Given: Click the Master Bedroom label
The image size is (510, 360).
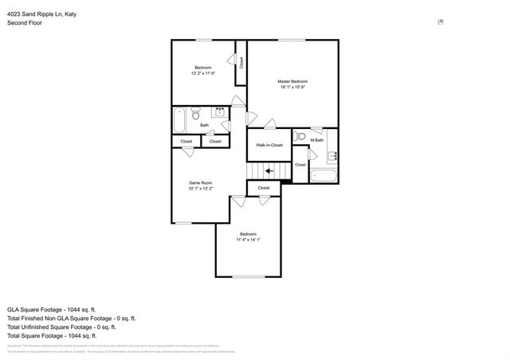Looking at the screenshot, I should [292, 81].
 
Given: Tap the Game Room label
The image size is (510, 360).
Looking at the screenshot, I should [199, 182].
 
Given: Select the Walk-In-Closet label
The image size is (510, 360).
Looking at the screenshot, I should [269, 145].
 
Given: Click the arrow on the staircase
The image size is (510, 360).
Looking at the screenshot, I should [269, 170].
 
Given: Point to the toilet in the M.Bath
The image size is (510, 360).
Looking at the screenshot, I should [300, 137].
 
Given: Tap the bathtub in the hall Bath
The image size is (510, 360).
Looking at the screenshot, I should [179, 119].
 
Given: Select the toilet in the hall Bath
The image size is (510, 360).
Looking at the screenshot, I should [197, 114].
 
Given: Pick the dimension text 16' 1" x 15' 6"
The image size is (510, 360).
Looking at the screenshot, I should [292, 87].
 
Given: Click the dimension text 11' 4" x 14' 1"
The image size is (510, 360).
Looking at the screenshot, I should [248, 239].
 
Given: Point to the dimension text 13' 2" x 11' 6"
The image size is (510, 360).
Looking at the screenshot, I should [203, 73].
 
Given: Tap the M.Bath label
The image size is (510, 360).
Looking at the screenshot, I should [317, 140].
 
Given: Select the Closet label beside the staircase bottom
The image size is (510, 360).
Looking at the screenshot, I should [263, 188].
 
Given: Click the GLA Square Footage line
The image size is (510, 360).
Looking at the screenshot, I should [51, 308].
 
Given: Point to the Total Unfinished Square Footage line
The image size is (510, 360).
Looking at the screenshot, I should [61, 327].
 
